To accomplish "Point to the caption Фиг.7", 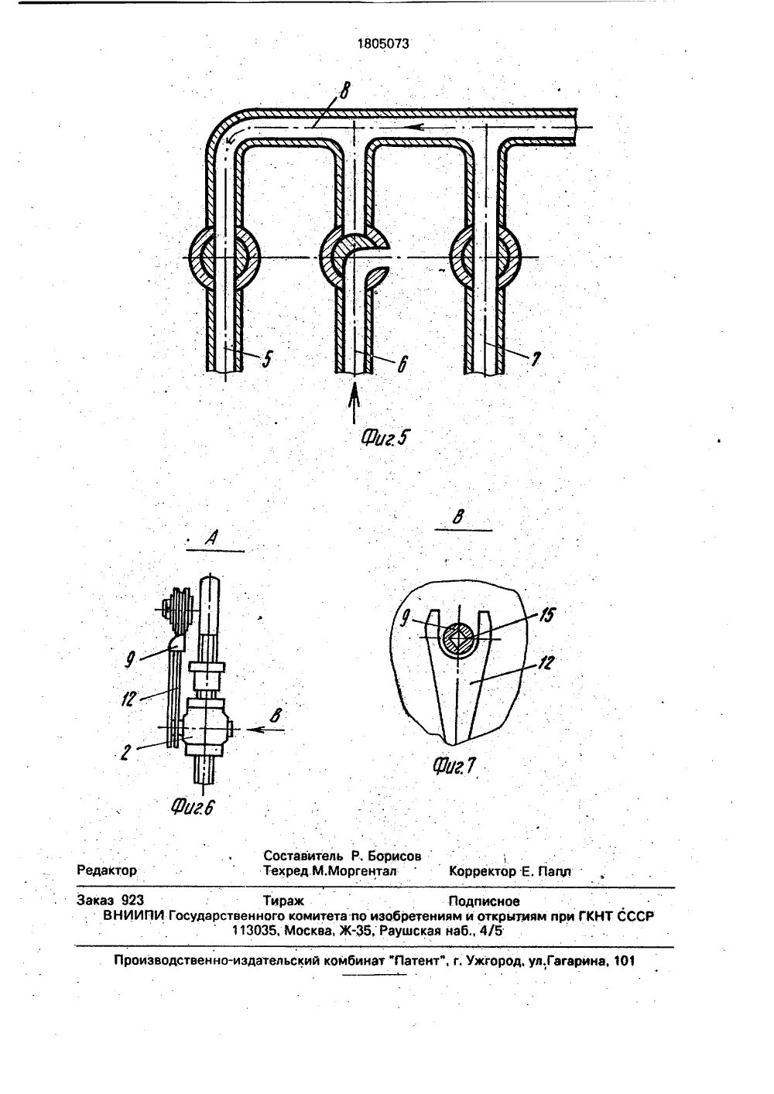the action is pyautogui.click(x=454, y=766).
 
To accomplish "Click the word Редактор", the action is pyautogui.click(x=107, y=870).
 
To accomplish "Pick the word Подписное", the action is pyautogui.click(x=484, y=901).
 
